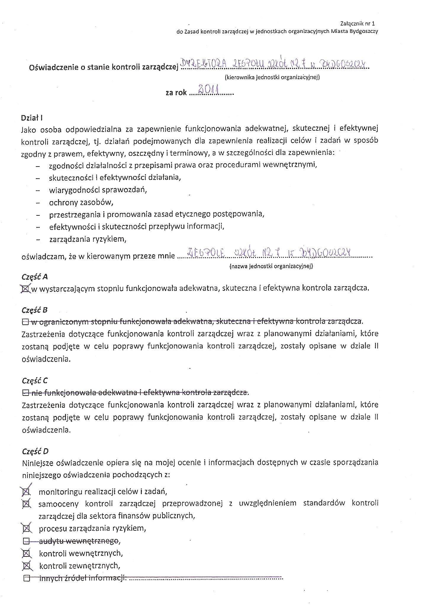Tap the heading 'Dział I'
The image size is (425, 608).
[32, 118]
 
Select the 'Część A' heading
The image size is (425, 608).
[35, 276]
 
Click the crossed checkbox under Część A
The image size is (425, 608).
[26, 288]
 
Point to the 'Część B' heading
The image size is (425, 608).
[35, 310]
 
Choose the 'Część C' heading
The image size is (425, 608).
[35, 380]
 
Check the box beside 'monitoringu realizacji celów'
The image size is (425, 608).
[27, 492]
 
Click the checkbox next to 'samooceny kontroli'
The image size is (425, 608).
[27, 504]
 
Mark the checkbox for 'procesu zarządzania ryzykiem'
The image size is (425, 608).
[27, 528]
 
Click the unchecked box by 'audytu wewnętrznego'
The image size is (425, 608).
[27, 541]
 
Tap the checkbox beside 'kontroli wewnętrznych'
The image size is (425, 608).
[27, 553]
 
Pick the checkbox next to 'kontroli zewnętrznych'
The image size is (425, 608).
[27, 566]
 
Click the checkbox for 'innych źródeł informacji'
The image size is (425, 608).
[27, 578]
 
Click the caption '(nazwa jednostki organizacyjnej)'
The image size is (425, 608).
[271, 266]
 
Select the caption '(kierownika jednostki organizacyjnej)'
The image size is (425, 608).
[272, 78]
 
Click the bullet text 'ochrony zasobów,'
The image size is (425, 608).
[81, 202]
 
